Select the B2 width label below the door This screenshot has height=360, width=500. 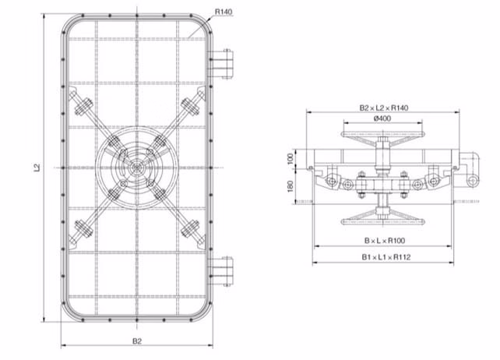click(136, 341)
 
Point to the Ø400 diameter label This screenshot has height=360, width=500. click(382, 119)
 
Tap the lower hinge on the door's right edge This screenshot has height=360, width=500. click(225, 267)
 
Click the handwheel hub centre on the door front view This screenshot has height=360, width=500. click(137, 167)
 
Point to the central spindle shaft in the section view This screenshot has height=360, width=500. click(382, 168)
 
